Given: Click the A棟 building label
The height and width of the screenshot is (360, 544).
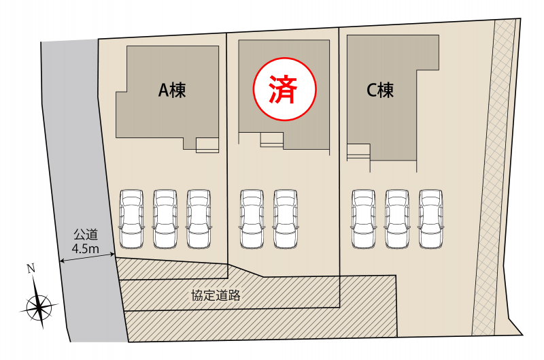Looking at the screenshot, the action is point(172,91).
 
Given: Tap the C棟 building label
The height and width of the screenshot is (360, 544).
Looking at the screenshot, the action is point(380,91).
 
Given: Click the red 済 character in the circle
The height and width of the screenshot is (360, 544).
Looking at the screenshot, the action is point(284,89).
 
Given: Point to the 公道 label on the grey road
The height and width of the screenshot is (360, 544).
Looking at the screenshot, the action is point(86,235).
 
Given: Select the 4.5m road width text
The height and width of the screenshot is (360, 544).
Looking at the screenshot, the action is point(86,248).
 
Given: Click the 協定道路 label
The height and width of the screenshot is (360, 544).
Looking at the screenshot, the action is point(216,295).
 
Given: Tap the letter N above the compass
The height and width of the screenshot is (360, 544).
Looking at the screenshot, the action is point(31,268).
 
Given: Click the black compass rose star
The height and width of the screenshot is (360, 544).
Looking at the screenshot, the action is point(39,306).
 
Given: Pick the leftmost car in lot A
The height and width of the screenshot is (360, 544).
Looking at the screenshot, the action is point(131,218).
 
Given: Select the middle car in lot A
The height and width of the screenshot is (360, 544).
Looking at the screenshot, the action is point(165,218).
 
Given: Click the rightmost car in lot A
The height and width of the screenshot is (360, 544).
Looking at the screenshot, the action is point(199,218).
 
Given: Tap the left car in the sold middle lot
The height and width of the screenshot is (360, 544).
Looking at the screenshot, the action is point(252,218).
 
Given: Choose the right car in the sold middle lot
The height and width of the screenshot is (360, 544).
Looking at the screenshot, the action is point(286,218).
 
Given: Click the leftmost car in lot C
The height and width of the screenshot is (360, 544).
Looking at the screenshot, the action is point(363,218).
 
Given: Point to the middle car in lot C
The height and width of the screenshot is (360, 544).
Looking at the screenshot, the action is point(397,218).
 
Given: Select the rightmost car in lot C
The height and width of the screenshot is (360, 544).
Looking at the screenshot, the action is point(430,218).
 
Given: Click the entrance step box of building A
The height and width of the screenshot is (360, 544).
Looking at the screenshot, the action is point(207,145).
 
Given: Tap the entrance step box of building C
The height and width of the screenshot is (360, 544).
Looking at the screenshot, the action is point(359,152).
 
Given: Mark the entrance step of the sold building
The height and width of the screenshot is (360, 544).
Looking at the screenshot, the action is point(272,140).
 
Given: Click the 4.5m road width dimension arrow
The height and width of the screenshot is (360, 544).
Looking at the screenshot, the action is point(87,258).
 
